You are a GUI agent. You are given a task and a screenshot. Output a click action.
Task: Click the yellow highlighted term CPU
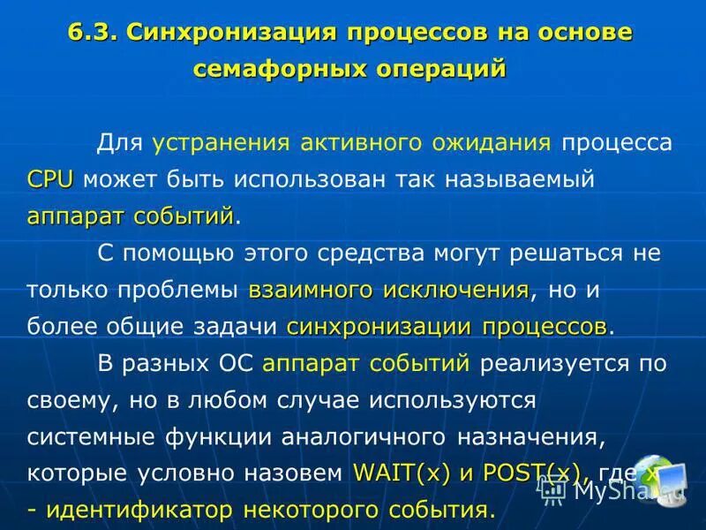pos(49,179)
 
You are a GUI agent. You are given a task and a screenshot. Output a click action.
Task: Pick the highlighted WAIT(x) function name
pos(401,473)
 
